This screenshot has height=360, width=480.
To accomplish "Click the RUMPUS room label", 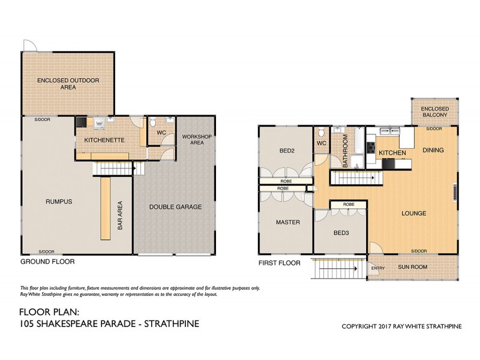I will pos(58,202).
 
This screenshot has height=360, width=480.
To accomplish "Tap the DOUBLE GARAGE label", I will pos(175,207).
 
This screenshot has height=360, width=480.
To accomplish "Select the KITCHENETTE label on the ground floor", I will pos(95,140).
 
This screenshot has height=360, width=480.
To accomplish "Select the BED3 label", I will pos(340,233).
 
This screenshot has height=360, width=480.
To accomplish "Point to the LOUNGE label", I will pos(414,213).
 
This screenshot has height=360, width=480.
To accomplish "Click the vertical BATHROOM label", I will pos(346,150).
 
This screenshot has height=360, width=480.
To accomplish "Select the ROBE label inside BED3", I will pos(349,205).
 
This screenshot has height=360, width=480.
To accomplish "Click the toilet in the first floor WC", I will pos(322,133).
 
